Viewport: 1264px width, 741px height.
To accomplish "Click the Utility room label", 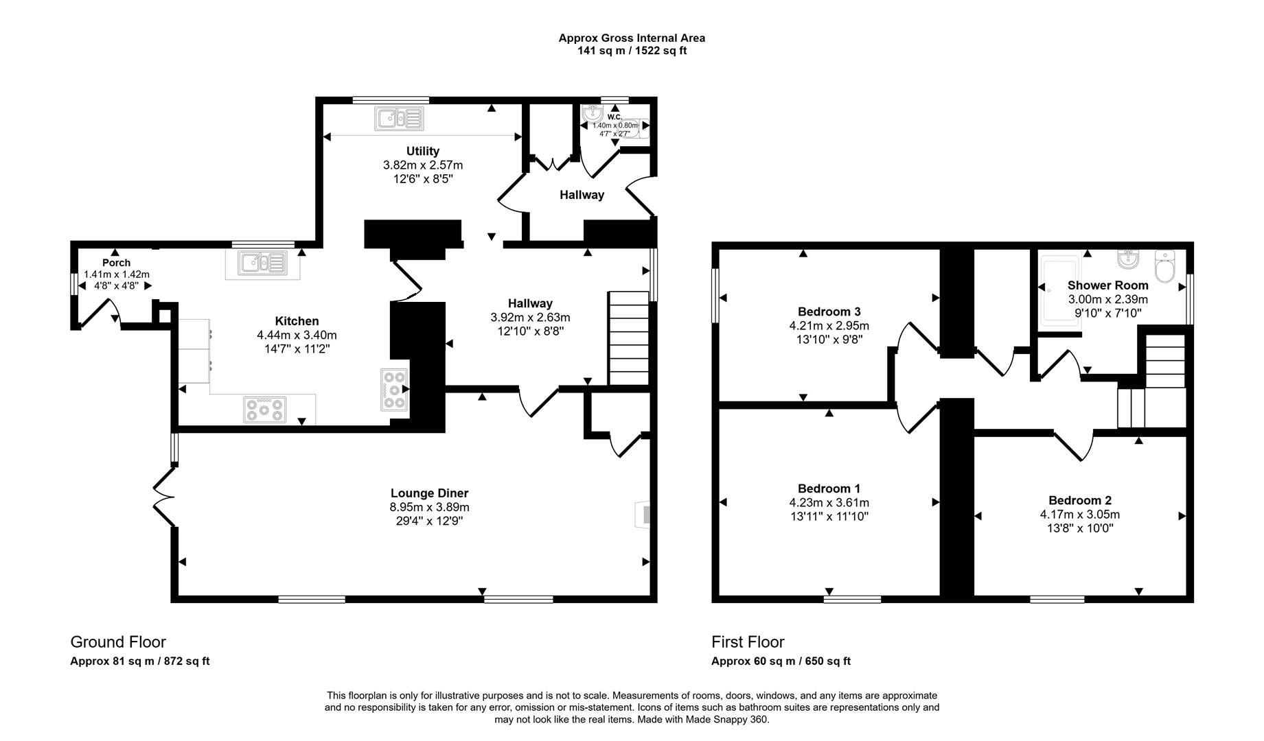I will click(x=422, y=151).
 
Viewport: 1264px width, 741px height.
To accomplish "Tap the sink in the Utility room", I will click(x=398, y=119).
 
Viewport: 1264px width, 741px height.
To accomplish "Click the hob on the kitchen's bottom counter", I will click(x=264, y=410).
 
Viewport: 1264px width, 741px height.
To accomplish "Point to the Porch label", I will click(x=116, y=263).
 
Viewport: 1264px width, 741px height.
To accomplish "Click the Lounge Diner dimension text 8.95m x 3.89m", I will click(x=429, y=507).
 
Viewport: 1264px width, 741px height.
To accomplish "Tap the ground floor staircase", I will click(x=628, y=338).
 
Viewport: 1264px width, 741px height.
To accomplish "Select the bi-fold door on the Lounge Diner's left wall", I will click(x=163, y=497).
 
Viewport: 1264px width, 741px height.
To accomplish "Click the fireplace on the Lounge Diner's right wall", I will click(x=643, y=515).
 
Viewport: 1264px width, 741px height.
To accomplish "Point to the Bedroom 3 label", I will click(x=829, y=311).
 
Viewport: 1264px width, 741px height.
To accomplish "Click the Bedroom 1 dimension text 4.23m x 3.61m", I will click(x=829, y=502).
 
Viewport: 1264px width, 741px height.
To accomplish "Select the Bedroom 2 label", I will click(x=1079, y=501).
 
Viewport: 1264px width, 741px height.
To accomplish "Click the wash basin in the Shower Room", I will click(x=1129, y=260).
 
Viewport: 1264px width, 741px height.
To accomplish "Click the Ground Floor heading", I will click(x=118, y=642).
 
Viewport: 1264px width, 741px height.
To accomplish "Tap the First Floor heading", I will click(x=748, y=642).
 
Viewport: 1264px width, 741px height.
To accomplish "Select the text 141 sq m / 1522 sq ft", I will click(x=632, y=51).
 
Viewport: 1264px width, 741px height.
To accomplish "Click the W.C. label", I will click(x=614, y=117).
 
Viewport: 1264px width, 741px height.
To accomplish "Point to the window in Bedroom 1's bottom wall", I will click(x=852, y=599).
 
